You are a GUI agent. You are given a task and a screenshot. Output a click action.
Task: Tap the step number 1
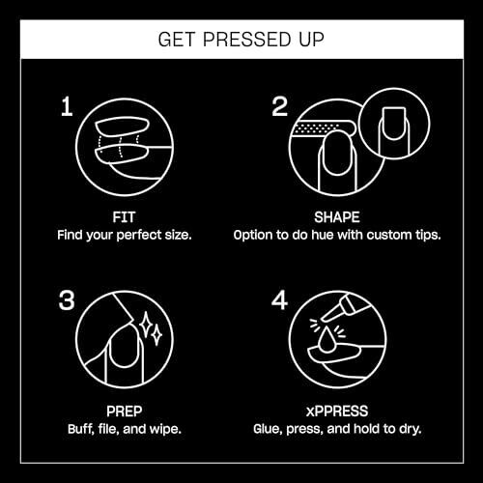coord(67,106)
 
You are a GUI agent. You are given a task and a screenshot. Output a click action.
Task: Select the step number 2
coord(279,106)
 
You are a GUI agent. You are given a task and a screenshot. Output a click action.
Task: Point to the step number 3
coord(67,300)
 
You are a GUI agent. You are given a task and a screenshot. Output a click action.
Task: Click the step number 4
coord(279,300)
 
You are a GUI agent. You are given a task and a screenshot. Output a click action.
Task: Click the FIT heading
coord(124,217)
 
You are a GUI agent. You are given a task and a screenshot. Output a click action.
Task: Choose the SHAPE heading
coord(337,217)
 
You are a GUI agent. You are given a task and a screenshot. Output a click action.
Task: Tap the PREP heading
coord(125,412)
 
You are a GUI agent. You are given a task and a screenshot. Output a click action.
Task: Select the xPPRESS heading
coord(337,412)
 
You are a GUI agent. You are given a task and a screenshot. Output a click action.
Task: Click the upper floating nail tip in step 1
coord(123,128)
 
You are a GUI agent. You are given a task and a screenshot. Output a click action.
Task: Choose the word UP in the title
coord(311,40)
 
